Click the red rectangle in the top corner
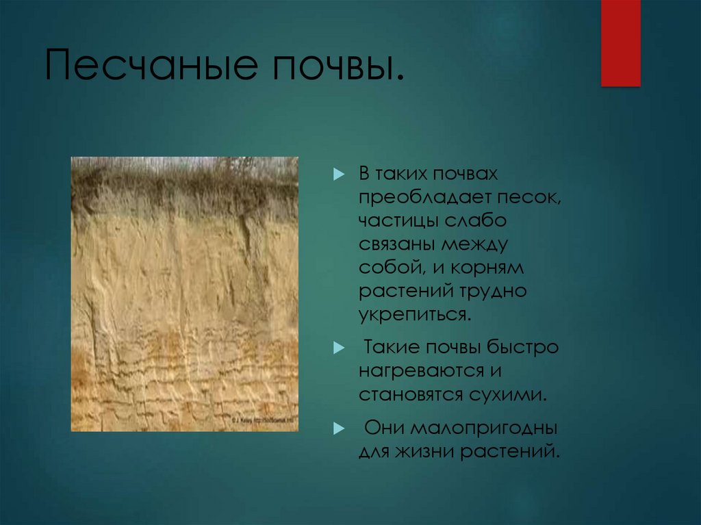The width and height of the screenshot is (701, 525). click(x=620, y=42)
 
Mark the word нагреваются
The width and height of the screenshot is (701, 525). click(x=418, y=371)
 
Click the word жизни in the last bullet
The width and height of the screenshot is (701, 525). click(x=423, y=451)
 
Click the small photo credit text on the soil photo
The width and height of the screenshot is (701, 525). click(x=264, y=420)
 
